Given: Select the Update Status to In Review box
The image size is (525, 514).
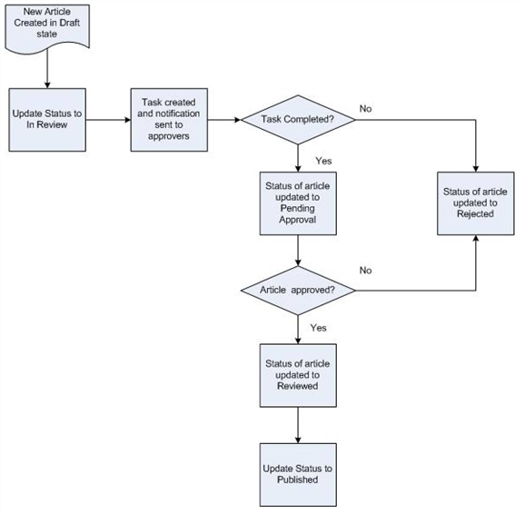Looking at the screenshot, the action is [x=47, y=120].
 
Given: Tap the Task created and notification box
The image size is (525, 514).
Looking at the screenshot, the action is [x=169, y=120].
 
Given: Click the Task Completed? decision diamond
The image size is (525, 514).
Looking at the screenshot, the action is [x=298, y=120].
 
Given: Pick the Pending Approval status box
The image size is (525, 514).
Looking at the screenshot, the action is [x=298, y=203].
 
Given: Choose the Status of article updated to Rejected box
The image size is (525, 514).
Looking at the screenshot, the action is [x=476, y=203].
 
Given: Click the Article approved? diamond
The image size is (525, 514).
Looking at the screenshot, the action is [x=298, y=291].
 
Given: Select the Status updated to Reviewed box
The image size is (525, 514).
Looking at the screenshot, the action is [x=298, y=375].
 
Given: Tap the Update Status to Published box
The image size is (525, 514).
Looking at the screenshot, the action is [x=298, y=475].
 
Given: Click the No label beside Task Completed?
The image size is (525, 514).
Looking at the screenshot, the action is [x=366, y=108].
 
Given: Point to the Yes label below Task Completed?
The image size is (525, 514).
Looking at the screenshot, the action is [x=323, y=161].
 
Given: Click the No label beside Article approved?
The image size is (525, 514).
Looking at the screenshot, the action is [x=366, y=271].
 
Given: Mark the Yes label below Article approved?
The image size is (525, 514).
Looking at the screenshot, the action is [x=318, y=328].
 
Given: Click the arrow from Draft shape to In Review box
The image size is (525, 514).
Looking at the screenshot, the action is [x=47, y=69].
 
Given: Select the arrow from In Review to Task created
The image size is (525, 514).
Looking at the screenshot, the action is [x=108, y=120].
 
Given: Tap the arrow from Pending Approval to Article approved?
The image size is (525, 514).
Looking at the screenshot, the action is [x=298, y=251].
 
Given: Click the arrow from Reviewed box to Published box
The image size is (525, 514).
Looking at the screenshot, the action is [x=298, y=425].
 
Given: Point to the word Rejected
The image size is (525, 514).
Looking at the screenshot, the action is [x=475, y=213].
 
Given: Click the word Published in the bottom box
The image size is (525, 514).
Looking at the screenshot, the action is [x=298, y=479].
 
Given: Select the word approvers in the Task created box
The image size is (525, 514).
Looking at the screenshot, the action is [x=169, y=136].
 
